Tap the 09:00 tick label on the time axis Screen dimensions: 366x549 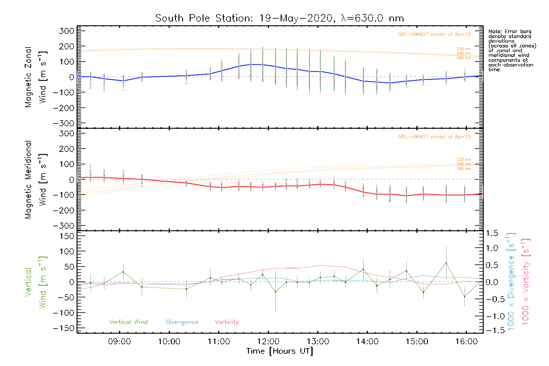point(119,342)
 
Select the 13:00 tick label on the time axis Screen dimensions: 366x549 point(318,342)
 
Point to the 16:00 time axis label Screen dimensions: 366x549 point(466,342)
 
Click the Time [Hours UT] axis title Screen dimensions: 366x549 point(280,351)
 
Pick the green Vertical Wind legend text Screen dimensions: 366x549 point(128,322)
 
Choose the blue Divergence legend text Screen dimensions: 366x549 point(182,322)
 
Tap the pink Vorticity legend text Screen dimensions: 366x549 point(226,322)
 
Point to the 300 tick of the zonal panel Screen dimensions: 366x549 point(66,31)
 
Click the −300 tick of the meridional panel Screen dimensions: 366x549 point(63,226)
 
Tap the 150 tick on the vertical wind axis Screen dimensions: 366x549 point(66,236)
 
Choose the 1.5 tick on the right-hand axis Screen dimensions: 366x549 point(492,233)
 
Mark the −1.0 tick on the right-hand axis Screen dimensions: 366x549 point(492,316)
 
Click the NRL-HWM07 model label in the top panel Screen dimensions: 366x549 point(434,34)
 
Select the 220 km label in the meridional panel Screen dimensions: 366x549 point(464,160)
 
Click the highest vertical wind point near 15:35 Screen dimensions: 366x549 point(446,263)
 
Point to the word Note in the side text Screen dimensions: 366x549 point(495,31)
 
